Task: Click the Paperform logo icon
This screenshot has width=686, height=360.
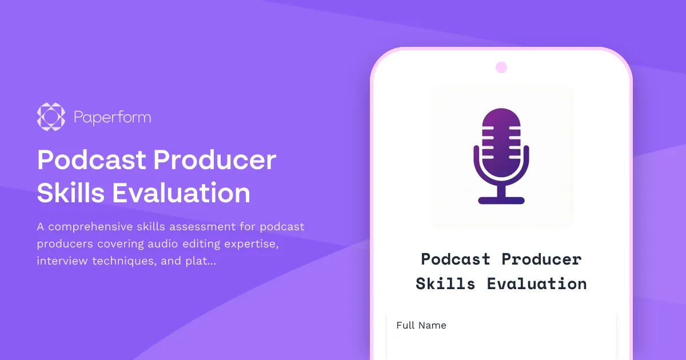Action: [51, 117]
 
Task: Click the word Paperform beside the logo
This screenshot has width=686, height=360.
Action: [112, 118]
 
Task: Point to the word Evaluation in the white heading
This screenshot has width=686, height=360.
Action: [181, 193]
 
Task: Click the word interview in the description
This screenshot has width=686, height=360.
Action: [60, 261]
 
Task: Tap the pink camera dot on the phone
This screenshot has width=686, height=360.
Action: [501, 67]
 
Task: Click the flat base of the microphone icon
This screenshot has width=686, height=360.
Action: [501, 200]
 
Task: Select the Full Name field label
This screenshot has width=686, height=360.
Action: [421, 325]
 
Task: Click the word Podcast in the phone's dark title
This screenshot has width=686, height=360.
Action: [456, 259]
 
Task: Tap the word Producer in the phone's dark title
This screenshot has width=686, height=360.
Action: [541, 259]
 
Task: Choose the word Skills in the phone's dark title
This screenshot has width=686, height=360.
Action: [445, 283]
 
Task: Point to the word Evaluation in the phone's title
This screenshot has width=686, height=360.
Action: [537, 283]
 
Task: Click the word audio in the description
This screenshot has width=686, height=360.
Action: [163, 244]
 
